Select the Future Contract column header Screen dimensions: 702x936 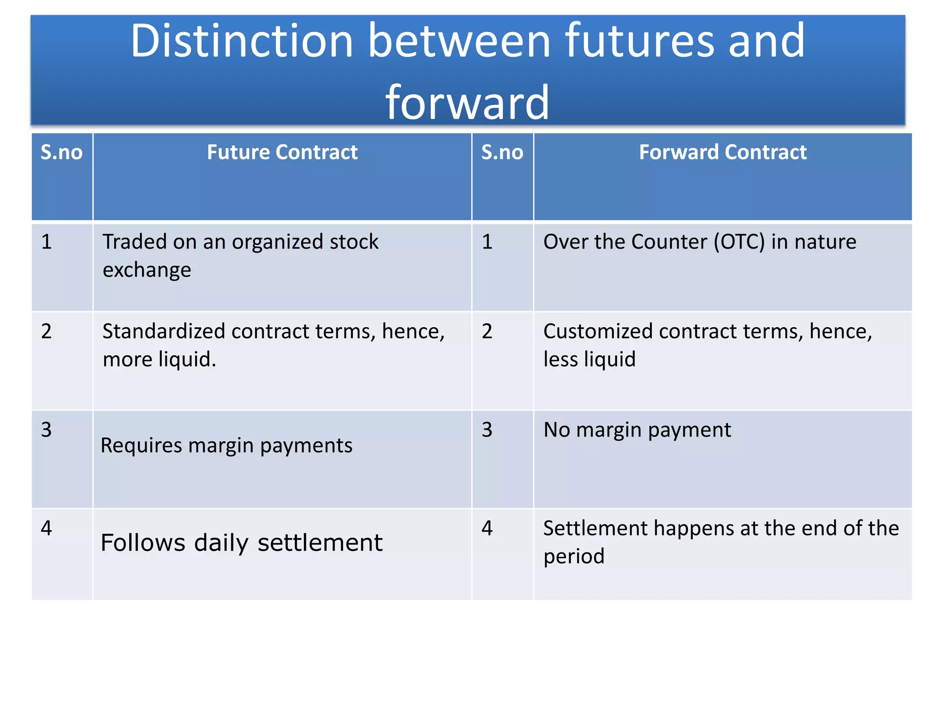(x=282, y=152)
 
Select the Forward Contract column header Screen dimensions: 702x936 (x=723, y=152)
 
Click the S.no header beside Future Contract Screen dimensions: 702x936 (x=62, y=152)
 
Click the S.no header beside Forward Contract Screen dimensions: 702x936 (x=502, y=152)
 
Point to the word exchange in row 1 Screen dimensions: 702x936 (x=147, y=270)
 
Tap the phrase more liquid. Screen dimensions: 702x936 (x=159, y=359)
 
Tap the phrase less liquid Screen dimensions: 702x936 (x=589, y=359)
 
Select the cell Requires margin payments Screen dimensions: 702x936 (x=226, y=446)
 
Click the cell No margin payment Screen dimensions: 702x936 (x=637, y=430)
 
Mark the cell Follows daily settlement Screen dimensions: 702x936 (x=241, y=543)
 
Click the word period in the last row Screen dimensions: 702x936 (x=574, y=557)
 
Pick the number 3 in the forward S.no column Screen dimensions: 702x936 (x=487, y=430)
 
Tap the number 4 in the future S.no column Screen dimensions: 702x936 (x=46, y=528)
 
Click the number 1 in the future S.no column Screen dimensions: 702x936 (x=46, y=242)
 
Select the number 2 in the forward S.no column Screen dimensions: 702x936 (x=487, y=331)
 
